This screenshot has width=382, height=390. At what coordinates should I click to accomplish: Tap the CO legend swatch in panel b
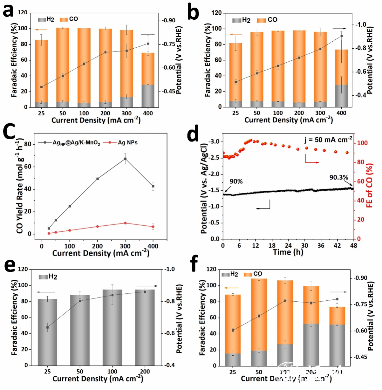click(261, 20)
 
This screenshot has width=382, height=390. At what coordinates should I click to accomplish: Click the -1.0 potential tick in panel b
click(361, 24)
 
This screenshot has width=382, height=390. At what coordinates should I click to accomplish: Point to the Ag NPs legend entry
click(127, 142)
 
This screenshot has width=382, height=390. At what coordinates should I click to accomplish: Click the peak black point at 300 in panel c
click(125, 159)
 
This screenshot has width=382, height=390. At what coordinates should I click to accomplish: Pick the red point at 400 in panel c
click(153, 227)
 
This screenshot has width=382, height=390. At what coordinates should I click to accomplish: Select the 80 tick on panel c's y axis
click(28, 144)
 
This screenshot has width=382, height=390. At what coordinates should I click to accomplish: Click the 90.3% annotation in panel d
click(338, 177)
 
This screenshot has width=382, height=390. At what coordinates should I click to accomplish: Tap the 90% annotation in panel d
click(236, 181)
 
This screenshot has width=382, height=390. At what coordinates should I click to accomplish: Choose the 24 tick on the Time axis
click(288, 245)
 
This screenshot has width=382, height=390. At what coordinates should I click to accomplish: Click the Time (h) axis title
click(288, 252)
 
